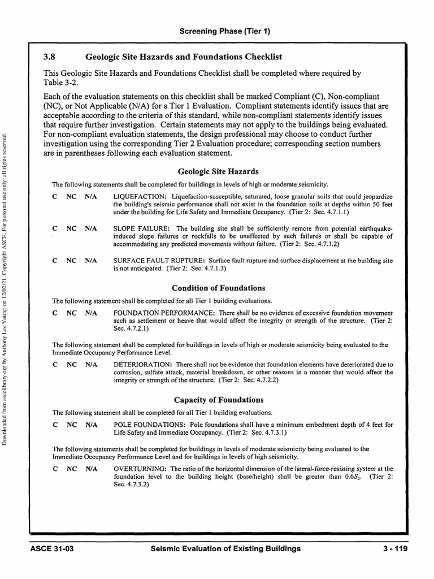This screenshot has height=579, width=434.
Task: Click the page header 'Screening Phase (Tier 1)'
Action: click(225, 32)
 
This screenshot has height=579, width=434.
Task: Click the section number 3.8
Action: click(51, 57)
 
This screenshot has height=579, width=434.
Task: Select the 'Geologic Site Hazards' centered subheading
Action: click(218, 171)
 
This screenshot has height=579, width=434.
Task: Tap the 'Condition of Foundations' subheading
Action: click(218, 288)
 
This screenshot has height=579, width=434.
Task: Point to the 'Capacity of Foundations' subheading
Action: click(218, 400)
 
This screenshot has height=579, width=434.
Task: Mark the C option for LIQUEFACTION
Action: click(55, 196)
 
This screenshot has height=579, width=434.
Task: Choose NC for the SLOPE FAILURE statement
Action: click(71, 229)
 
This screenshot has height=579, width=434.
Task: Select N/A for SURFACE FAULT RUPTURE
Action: click(91, 261)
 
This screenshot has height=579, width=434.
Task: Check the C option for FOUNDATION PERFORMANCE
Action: click(55, 313)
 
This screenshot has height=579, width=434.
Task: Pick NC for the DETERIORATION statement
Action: click(71, 365)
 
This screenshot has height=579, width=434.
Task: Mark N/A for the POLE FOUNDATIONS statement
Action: click(91, 425)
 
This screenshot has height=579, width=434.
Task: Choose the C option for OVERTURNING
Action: click(55, 469)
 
